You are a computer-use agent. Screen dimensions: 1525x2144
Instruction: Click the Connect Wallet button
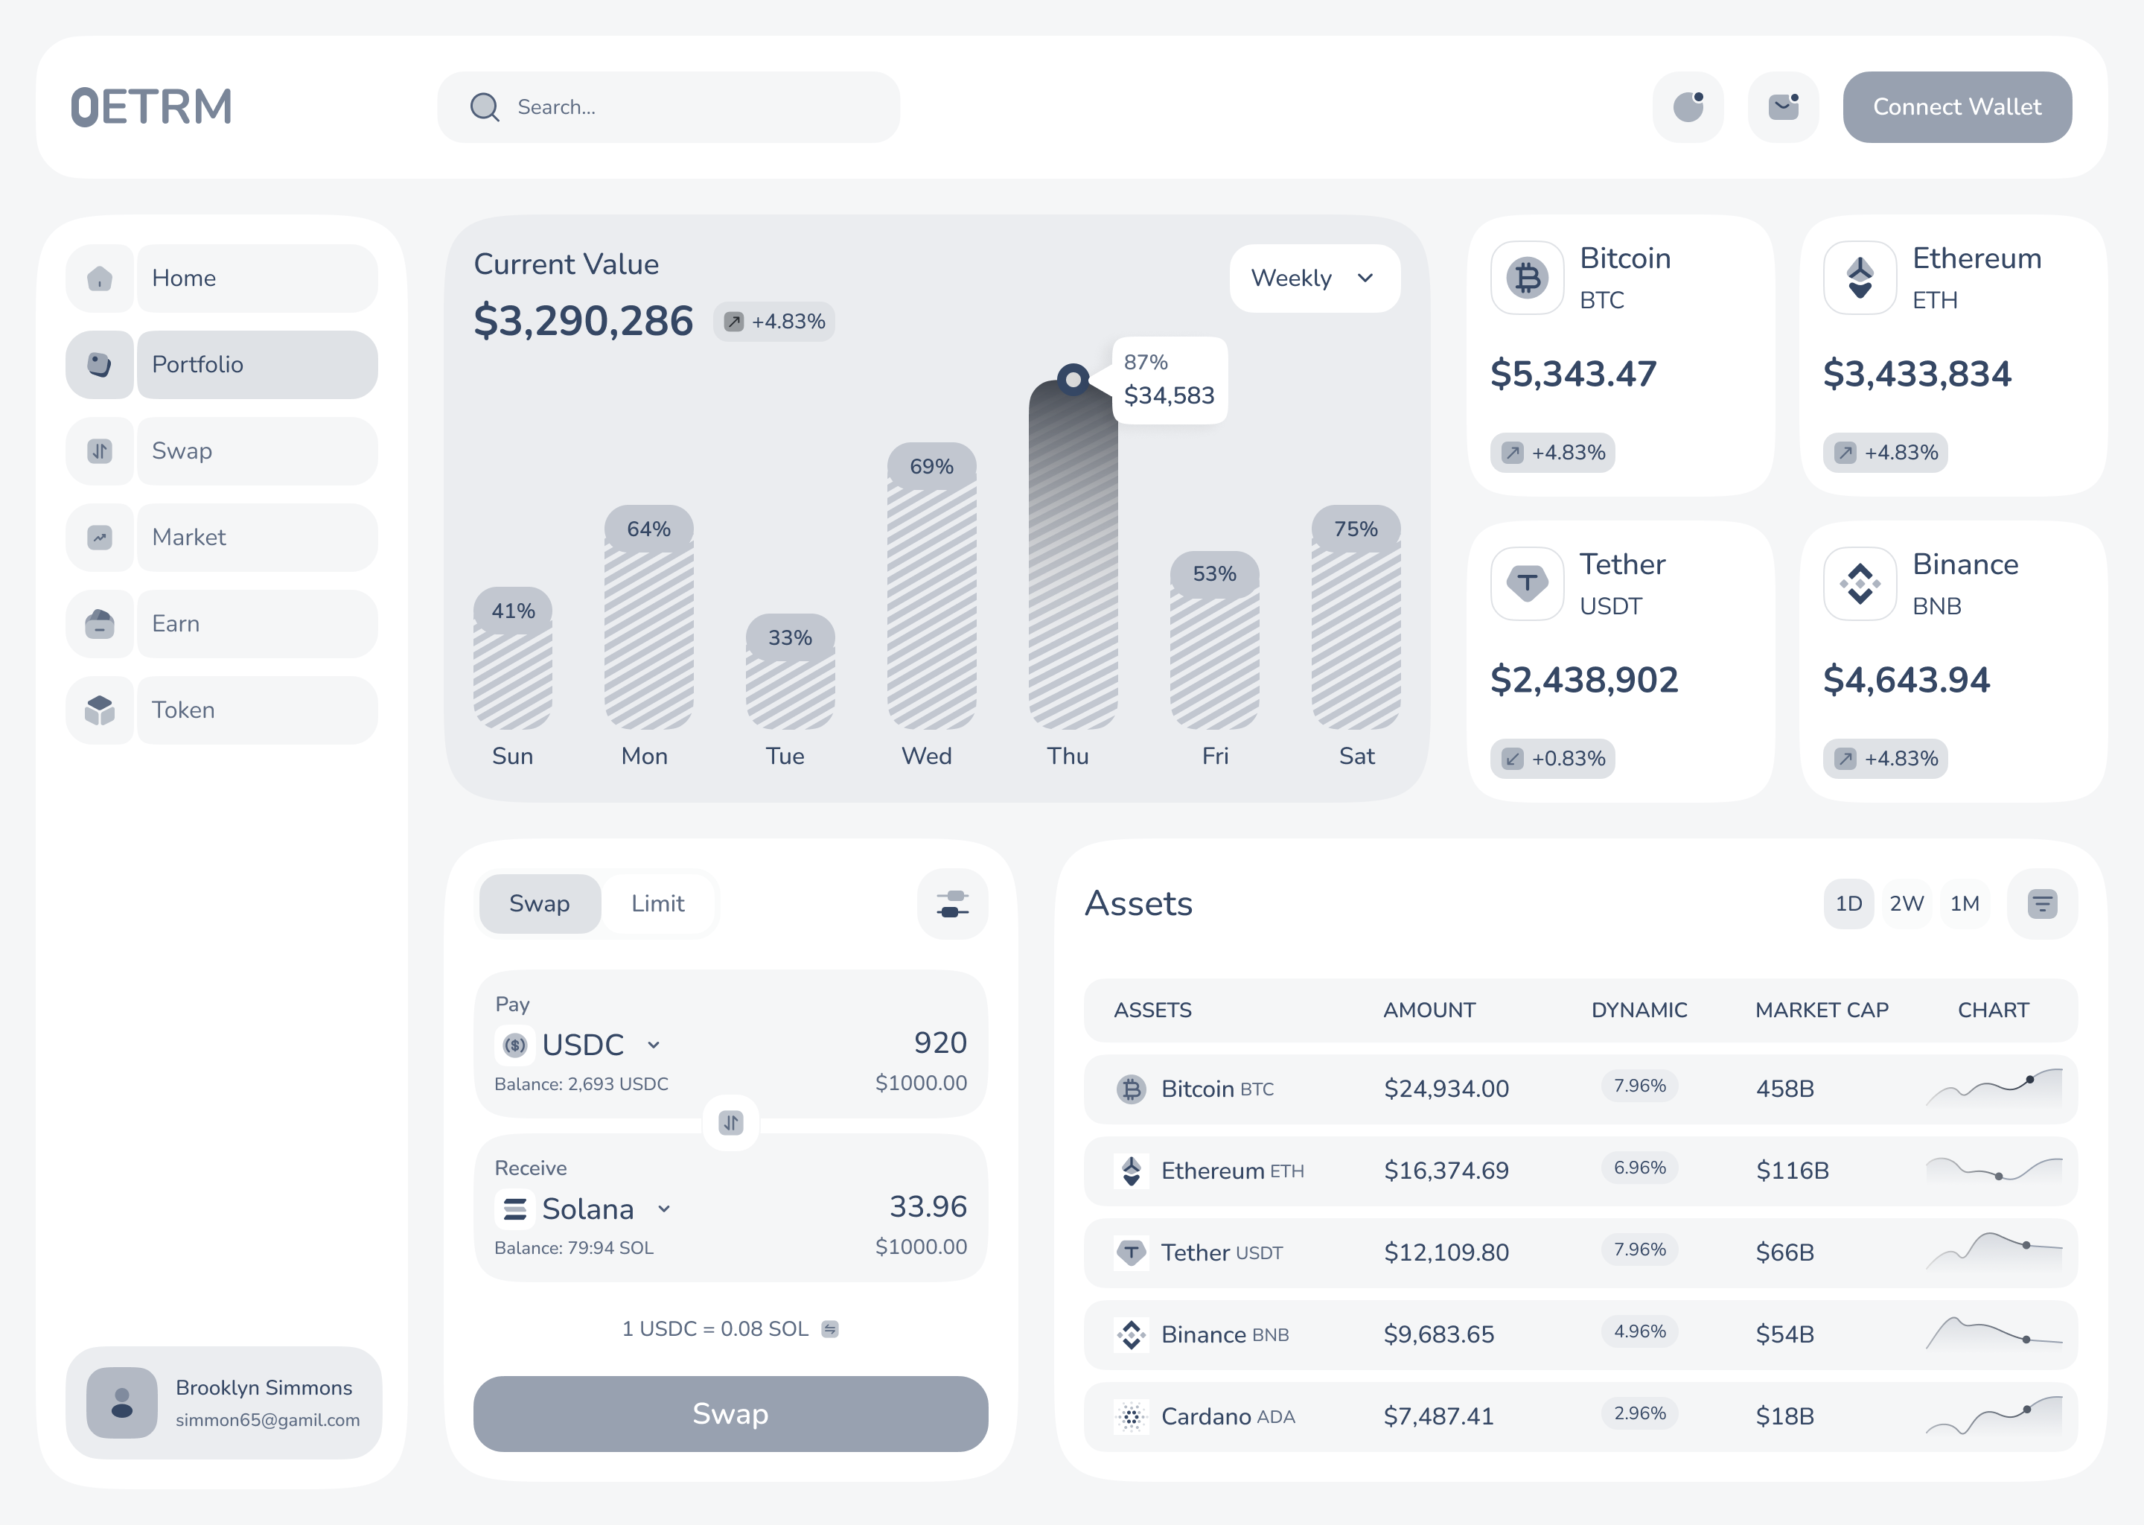coord(1956,107)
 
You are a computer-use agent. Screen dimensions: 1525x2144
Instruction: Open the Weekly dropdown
coord(1314,278)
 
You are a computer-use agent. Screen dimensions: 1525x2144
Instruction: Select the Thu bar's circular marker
coord(1072,379)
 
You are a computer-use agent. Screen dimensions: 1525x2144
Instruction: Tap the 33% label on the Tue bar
coord(789,637)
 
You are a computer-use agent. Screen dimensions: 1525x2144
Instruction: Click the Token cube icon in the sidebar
coord(100,710)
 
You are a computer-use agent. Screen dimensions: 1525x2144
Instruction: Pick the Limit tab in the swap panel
coord(657,903)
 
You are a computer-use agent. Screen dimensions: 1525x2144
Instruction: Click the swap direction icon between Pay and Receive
coord(730,1122)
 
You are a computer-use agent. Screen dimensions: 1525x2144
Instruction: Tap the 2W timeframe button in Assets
coord(1906,903)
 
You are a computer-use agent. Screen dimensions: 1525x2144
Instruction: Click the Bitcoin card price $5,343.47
coord(1573,374)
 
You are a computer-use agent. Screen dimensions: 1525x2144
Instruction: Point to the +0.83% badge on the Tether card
coord(1553,758)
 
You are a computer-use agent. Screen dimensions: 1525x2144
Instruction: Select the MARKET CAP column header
coord(1821,1010)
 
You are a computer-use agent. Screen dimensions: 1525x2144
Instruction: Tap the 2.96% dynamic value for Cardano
coord(1639,1413)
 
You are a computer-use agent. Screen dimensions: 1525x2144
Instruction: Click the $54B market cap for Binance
coord(1784,1334)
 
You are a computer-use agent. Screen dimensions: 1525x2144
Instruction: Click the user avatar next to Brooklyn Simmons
coord(122,1402)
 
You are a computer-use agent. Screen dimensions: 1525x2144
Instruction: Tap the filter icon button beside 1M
coord(2042,903)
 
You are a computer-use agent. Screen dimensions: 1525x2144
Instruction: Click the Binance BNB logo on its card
coord(1860,583)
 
